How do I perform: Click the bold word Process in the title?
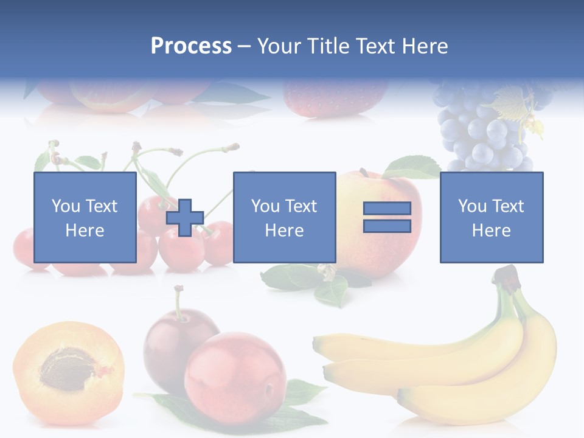coord(191,46)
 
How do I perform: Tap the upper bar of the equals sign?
coord(387,209)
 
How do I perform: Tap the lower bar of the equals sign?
coord(387,226)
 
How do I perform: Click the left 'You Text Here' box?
coord(85,217)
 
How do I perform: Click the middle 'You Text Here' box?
coord(284,217)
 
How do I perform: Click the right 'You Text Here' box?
coord(491,217)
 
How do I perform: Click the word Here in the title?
coord(424,46)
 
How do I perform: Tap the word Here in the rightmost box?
coord(491,231)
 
